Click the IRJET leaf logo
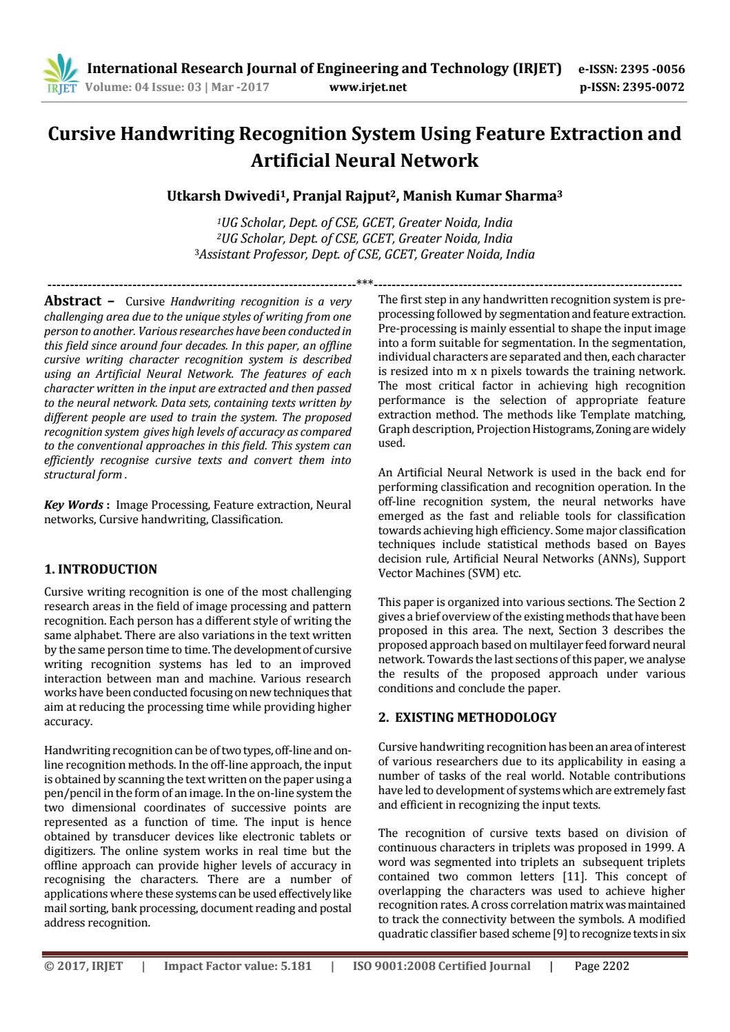pyautogui.click(x=61, y=73)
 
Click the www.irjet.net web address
pyautogui.click(x=368, y=87)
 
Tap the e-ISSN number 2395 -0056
pyautogui.click(x=653, y=69)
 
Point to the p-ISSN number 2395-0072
pyautogui.click(x=653, y=87)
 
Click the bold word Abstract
pyautogui.click(x=72, y=301)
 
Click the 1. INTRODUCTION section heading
pyautogui.click(x=101, y=569)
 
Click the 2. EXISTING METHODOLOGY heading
pyautogui.click(x=467, y=718)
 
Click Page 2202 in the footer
pyautogui.click(x=602, y=966)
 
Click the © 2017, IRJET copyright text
pyautogui.click(x=83, y=966)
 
